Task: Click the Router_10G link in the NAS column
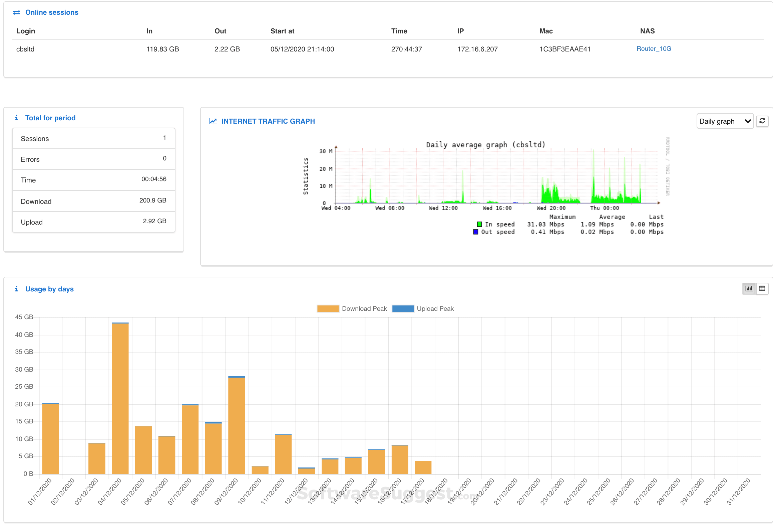654,49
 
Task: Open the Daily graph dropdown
724,121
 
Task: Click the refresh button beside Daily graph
762,121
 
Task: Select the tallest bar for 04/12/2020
120,398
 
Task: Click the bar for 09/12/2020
237,425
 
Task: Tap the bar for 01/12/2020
50,438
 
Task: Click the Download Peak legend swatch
328,309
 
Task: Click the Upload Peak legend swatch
403,309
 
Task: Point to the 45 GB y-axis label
24,317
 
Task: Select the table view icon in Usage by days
762,289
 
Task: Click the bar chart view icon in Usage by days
749,289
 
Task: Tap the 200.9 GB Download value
152,201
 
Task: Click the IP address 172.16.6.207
477,49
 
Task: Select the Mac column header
545,31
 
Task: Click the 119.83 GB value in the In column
162,49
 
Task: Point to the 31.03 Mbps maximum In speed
545,224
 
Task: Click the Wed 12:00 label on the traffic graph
443,208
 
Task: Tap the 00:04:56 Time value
153,179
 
